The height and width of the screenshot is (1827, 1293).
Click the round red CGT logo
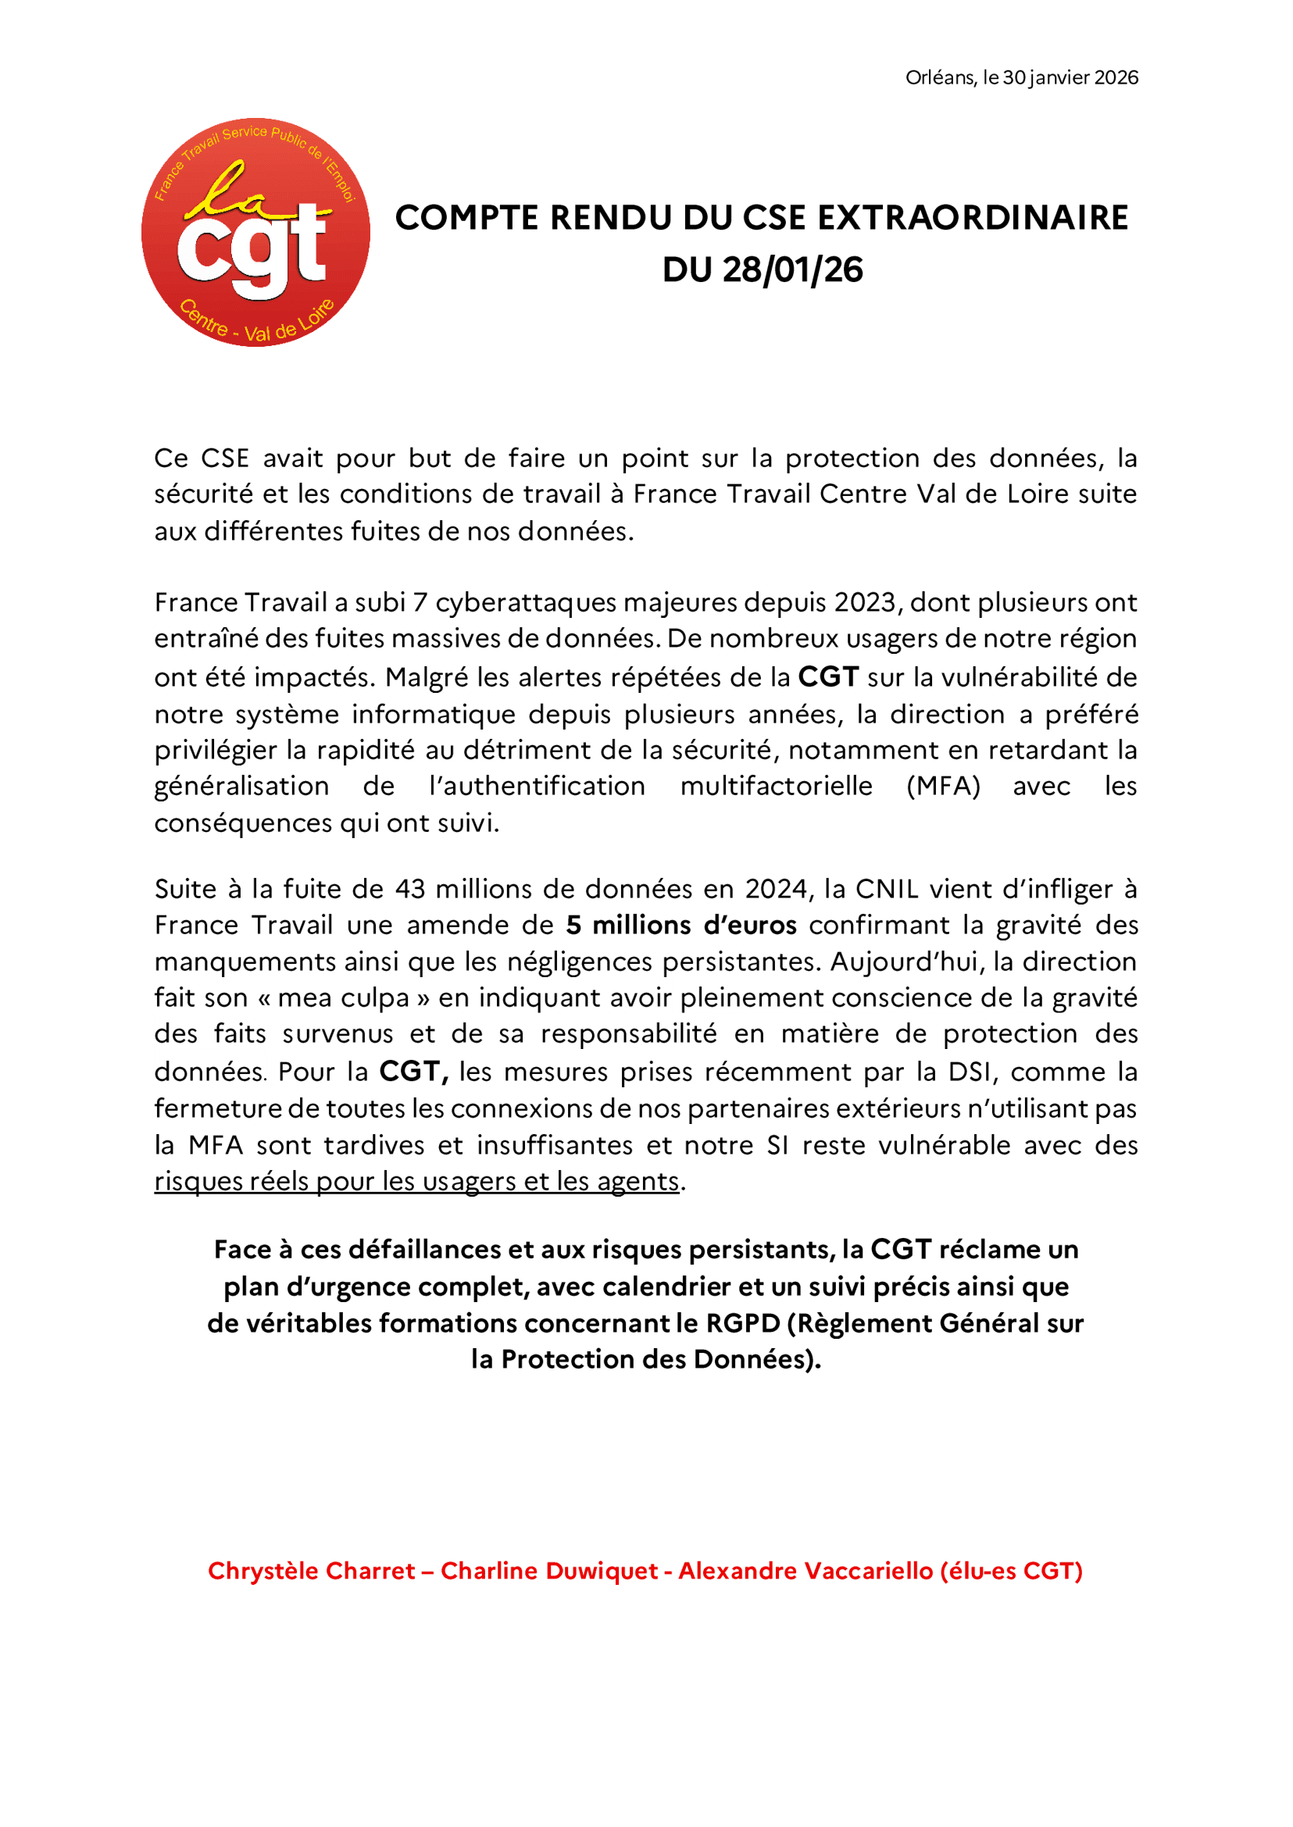(255, 233)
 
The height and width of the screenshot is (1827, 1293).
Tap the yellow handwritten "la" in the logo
(231, 191)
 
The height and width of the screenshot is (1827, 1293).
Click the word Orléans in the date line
(941, 77)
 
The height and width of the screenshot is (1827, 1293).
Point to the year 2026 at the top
(1116, 77)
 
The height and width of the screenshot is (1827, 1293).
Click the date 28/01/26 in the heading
(792, 269)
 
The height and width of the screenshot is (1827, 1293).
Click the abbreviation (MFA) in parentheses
(943, 786)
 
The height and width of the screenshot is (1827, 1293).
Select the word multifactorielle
(776, 786)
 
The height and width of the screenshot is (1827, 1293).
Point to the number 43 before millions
(410, 888)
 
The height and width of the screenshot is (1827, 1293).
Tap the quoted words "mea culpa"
(343, 997)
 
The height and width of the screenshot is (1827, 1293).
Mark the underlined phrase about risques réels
(416, 1180)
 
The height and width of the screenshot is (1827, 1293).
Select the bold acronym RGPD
(742, 1323)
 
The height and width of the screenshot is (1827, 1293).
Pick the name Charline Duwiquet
(549, 1571)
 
